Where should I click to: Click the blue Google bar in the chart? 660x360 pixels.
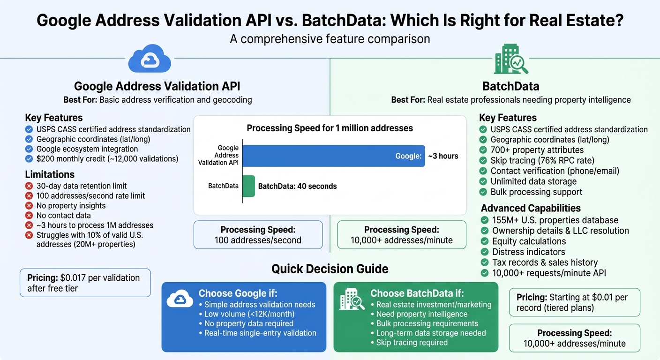(333, 156)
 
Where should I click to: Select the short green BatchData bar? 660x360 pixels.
(249, 186)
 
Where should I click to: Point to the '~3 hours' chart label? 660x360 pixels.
(443, 156)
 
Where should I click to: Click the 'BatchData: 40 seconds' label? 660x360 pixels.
(297, 186)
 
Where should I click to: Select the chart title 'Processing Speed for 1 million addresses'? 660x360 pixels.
(330, 128)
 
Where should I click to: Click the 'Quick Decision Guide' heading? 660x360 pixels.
(330, 269)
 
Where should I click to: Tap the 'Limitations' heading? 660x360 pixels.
(50, 174)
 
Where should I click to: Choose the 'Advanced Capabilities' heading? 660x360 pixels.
(531, 208)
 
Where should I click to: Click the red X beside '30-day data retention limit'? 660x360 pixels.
(29, 186)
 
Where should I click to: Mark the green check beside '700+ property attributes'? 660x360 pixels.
(483, 150)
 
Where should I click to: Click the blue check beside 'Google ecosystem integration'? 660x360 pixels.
(29, 149)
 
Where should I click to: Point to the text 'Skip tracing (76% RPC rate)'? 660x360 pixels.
(542, 160)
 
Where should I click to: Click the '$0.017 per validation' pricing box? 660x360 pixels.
(85, 283)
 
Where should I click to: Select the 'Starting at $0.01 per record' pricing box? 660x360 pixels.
(574, 302)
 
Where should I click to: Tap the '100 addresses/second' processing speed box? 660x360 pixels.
(258, 235)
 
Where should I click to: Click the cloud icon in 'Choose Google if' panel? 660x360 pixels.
(180, 300)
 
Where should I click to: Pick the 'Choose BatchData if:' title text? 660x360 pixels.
(417, 293)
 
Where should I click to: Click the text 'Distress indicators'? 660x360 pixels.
(529, 252)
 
